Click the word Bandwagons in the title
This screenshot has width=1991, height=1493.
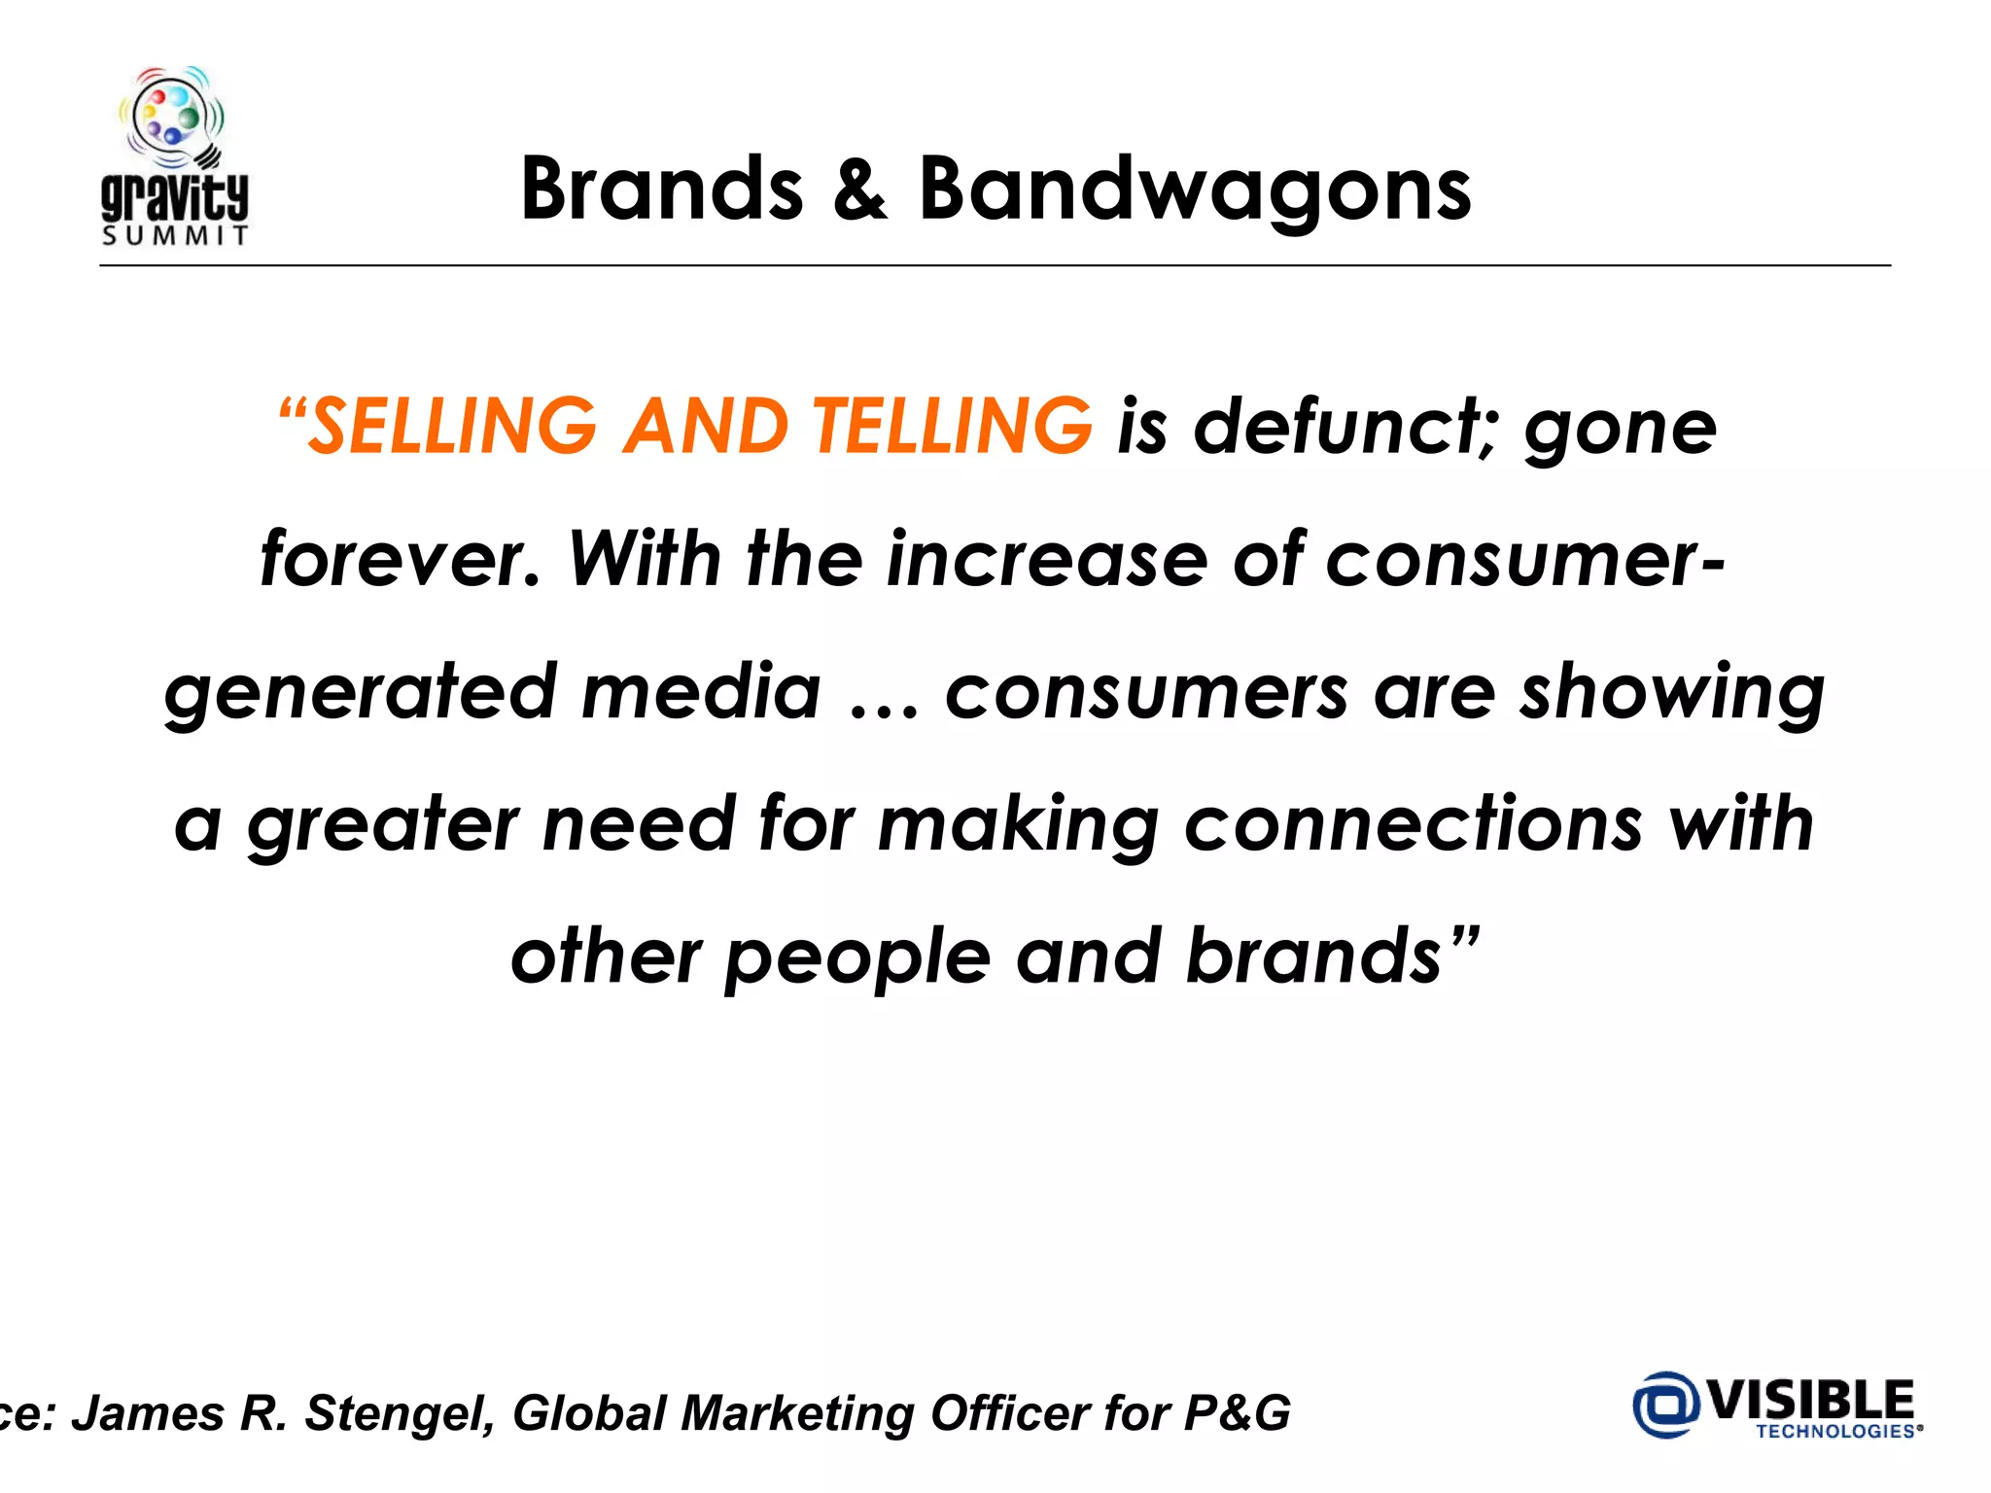point(1195,190)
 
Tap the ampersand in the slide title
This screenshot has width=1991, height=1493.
point(859,190)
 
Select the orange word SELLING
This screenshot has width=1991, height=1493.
point(452,427)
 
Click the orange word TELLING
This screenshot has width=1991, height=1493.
point(952,427)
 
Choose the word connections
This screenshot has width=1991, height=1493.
point(1414,824)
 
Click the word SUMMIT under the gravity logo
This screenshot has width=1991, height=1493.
point(175,236)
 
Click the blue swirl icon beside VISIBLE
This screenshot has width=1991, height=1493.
point(1665,1404)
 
